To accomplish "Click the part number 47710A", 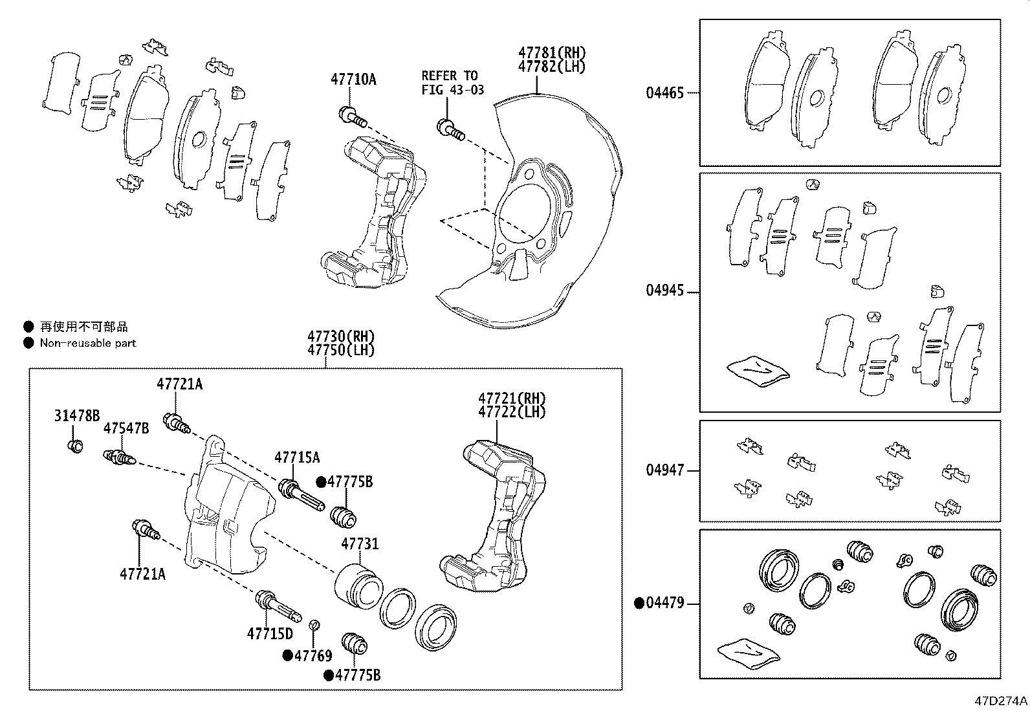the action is click(x=353, y=80).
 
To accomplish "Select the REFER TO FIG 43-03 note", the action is click(x=453, y=82).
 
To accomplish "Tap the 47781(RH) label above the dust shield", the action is click(x=553, y=52).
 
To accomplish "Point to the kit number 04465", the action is click(x=665, y=93).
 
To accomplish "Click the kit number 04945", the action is click(x=665, y=290).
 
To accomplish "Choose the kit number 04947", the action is click(x=665, y=470).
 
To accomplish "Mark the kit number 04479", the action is click(x=665, y=602).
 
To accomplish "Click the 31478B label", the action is click(x=77, y=416).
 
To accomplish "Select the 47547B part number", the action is click(x=126, y=428).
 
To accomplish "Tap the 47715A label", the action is click(x=297, y=457).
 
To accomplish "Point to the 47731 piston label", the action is click(x=360, y=544).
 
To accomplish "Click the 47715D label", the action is click(x=270, y=634).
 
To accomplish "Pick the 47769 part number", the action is click(x=313, y=656).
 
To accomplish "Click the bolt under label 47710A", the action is click(x=353, y=116).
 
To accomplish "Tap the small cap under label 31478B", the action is click(x=75, y=446).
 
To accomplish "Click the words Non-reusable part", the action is click(x=88, y=343).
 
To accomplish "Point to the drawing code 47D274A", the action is click(x=1001, y=701).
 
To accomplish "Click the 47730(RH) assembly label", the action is click(x=341, y=336).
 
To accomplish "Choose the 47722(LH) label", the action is click(x=512, y=411).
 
